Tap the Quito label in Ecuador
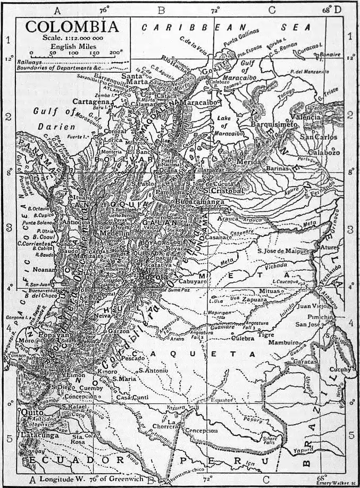click(31, 411)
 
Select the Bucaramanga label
click(210, 203)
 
